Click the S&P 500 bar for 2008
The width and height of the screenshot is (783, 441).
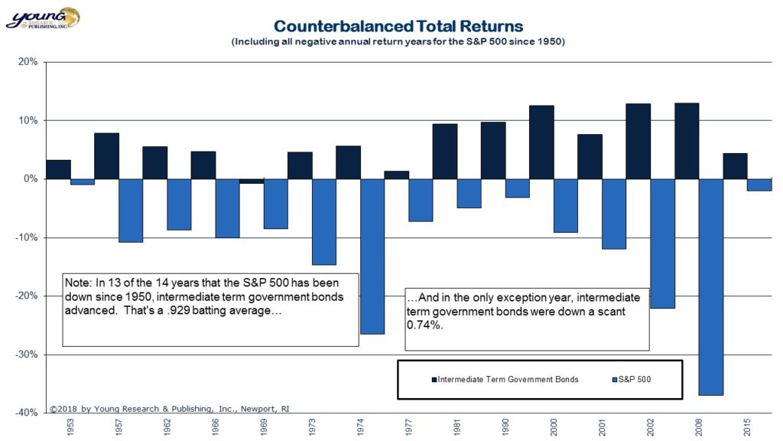click(710, 286)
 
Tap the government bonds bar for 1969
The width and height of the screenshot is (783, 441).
click(252, 181)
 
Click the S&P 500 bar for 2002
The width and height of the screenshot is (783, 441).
click(662, 243)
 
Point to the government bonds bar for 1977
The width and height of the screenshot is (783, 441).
click(396, 175)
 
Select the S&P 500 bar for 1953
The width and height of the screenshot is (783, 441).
click(83, 181)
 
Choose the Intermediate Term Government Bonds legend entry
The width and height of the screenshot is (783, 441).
click(504, 380)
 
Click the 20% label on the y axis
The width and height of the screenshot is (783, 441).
click(28, 62)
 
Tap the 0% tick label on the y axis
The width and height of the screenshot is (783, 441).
click(31, 179)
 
